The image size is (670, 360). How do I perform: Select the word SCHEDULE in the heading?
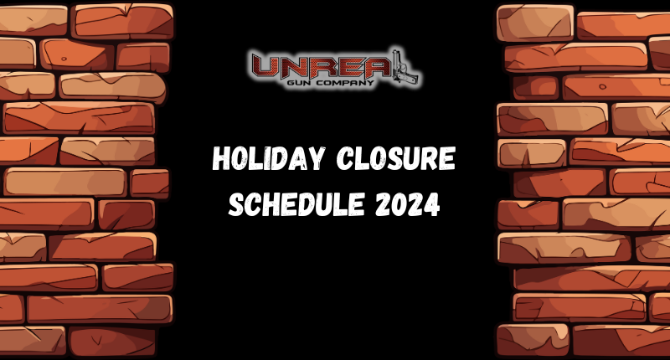(289, 203)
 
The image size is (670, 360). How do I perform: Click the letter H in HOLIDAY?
(221, 159)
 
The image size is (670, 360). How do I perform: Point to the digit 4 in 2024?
(432, 203)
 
